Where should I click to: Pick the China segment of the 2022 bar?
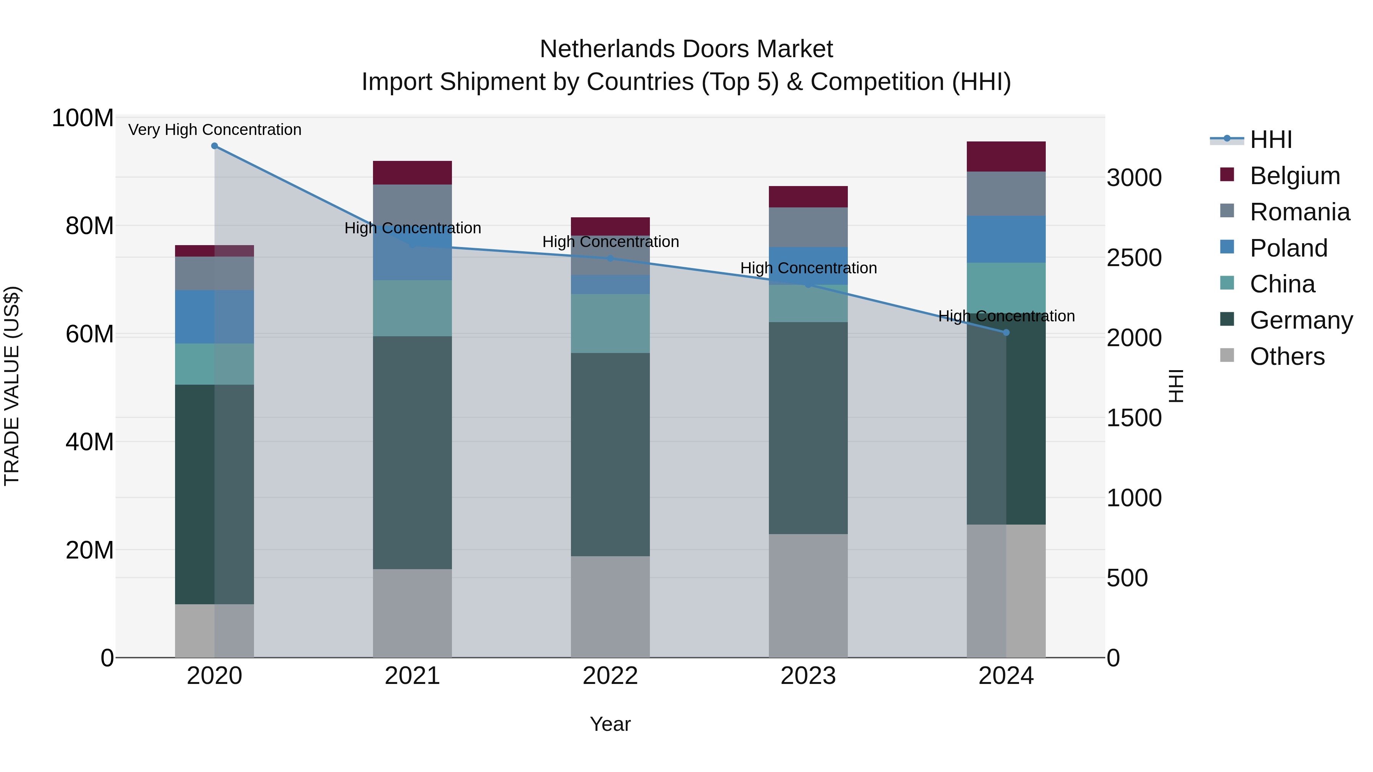click(610, 323)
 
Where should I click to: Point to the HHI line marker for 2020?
click(214, 146)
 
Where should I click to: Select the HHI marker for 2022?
click(610, 258)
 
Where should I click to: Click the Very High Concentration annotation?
click(215, 130)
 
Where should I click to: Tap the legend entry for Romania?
click(1299, 212)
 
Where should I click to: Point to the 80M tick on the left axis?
click(89, 226)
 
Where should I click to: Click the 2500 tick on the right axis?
click(1134, 258)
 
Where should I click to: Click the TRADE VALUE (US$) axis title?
click(12, 386)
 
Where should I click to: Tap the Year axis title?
click(610, 724)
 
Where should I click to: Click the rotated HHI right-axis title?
click(1175, 386)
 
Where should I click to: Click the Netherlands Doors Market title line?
click(686, 49)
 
